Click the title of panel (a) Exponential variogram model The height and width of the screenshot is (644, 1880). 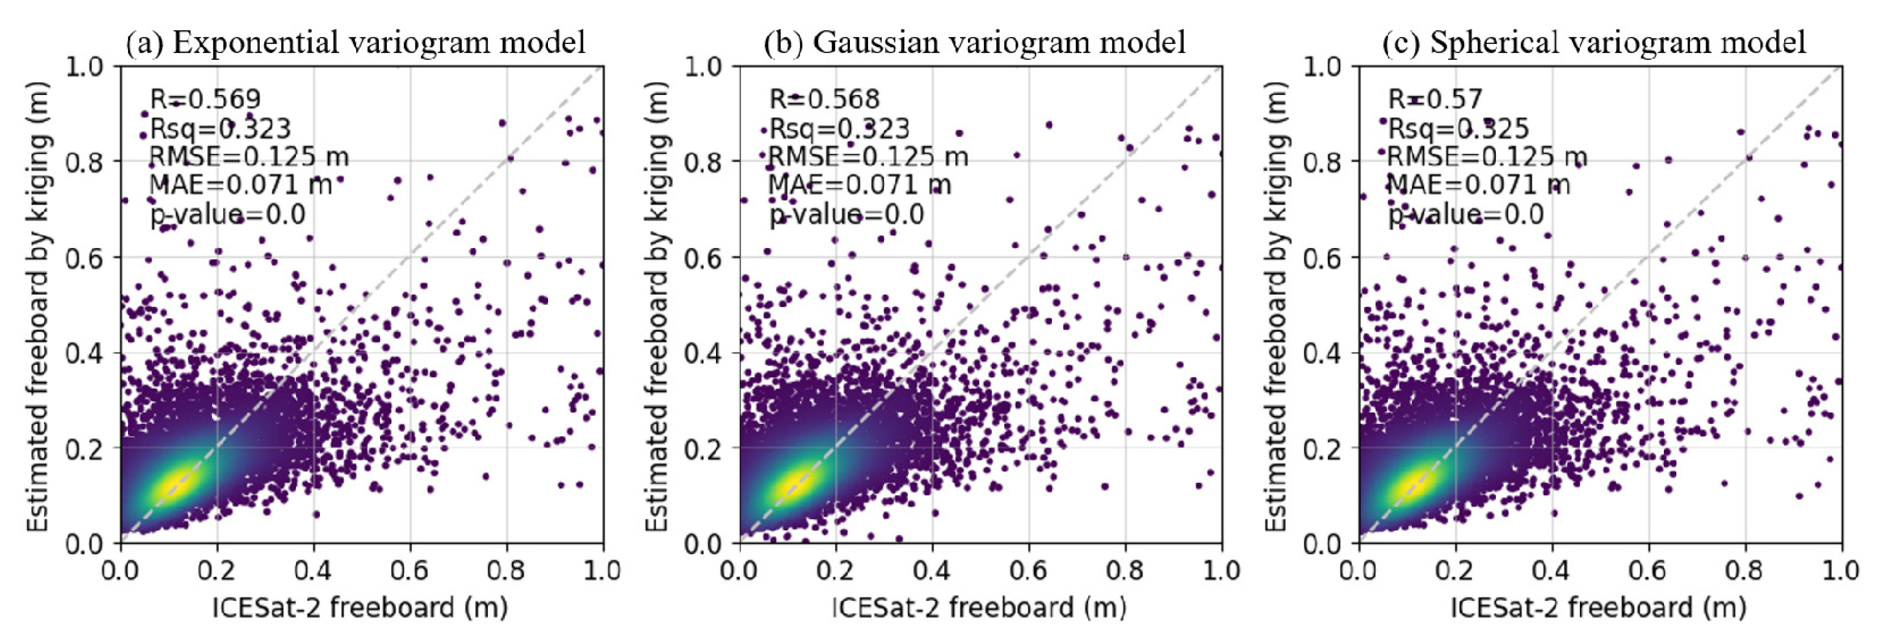[356, 42]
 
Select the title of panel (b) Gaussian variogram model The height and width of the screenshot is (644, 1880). [974, 42]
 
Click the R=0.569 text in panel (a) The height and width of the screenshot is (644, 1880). [205, 98]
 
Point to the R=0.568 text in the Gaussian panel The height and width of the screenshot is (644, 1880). [825, 98]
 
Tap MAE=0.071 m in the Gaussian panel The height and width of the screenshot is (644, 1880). [860, 185]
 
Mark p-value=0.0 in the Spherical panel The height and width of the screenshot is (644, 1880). [1466, 215]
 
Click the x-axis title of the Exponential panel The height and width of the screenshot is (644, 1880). [360, 607]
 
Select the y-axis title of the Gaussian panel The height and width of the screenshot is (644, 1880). [657, 306]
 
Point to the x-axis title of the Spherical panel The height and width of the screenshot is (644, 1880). [1598, 607]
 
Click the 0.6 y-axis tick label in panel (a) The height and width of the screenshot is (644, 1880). [84, 258]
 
